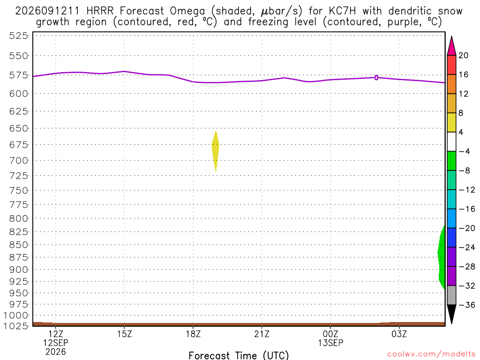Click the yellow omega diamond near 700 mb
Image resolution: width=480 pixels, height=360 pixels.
pos(216,150)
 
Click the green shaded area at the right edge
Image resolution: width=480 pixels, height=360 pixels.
pos(442,257)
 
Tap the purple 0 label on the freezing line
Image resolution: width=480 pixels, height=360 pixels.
pos(376,78)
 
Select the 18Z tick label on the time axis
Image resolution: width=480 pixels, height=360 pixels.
pos(193,333)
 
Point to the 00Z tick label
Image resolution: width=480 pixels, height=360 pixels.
pos(330,333)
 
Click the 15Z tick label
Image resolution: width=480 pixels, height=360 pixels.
pos(124,333)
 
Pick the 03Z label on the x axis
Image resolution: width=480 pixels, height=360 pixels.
pos(399,333)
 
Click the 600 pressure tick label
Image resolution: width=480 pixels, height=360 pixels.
pos(18,94)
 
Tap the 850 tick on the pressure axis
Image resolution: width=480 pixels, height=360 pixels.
pos(18,245)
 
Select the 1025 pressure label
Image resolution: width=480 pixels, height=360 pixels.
pos(15,326)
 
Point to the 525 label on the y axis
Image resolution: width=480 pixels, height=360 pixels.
pos(18,36)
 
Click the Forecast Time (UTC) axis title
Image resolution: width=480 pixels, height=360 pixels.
pos(239,355)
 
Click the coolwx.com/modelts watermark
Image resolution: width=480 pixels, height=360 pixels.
pos(431,354)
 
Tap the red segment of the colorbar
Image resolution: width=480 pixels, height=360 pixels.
pos(451,65)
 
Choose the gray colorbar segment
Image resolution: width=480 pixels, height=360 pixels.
pos(451,295)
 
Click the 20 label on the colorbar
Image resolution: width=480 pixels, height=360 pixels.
pos(464,55)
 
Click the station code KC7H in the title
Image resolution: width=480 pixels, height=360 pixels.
pos(343,11)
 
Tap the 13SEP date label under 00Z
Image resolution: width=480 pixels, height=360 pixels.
pos(330,343)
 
